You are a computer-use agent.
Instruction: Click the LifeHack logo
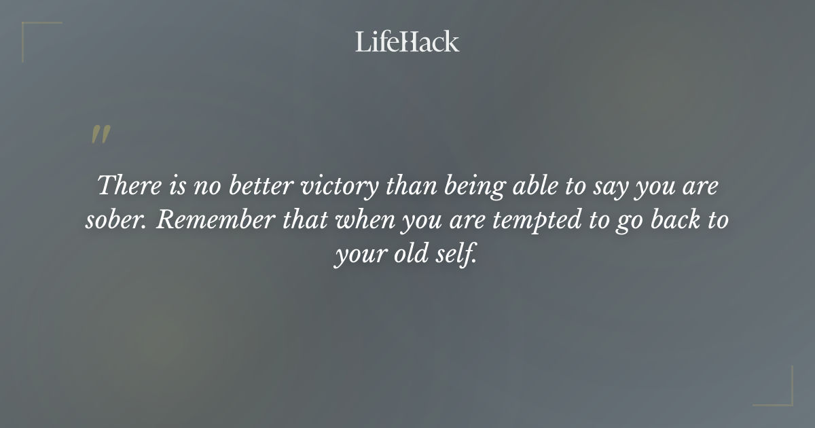(407, 41)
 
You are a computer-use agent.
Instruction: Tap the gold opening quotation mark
(101, 135)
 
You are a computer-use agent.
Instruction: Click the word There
(124, 185)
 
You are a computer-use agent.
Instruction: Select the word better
(258, 185)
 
